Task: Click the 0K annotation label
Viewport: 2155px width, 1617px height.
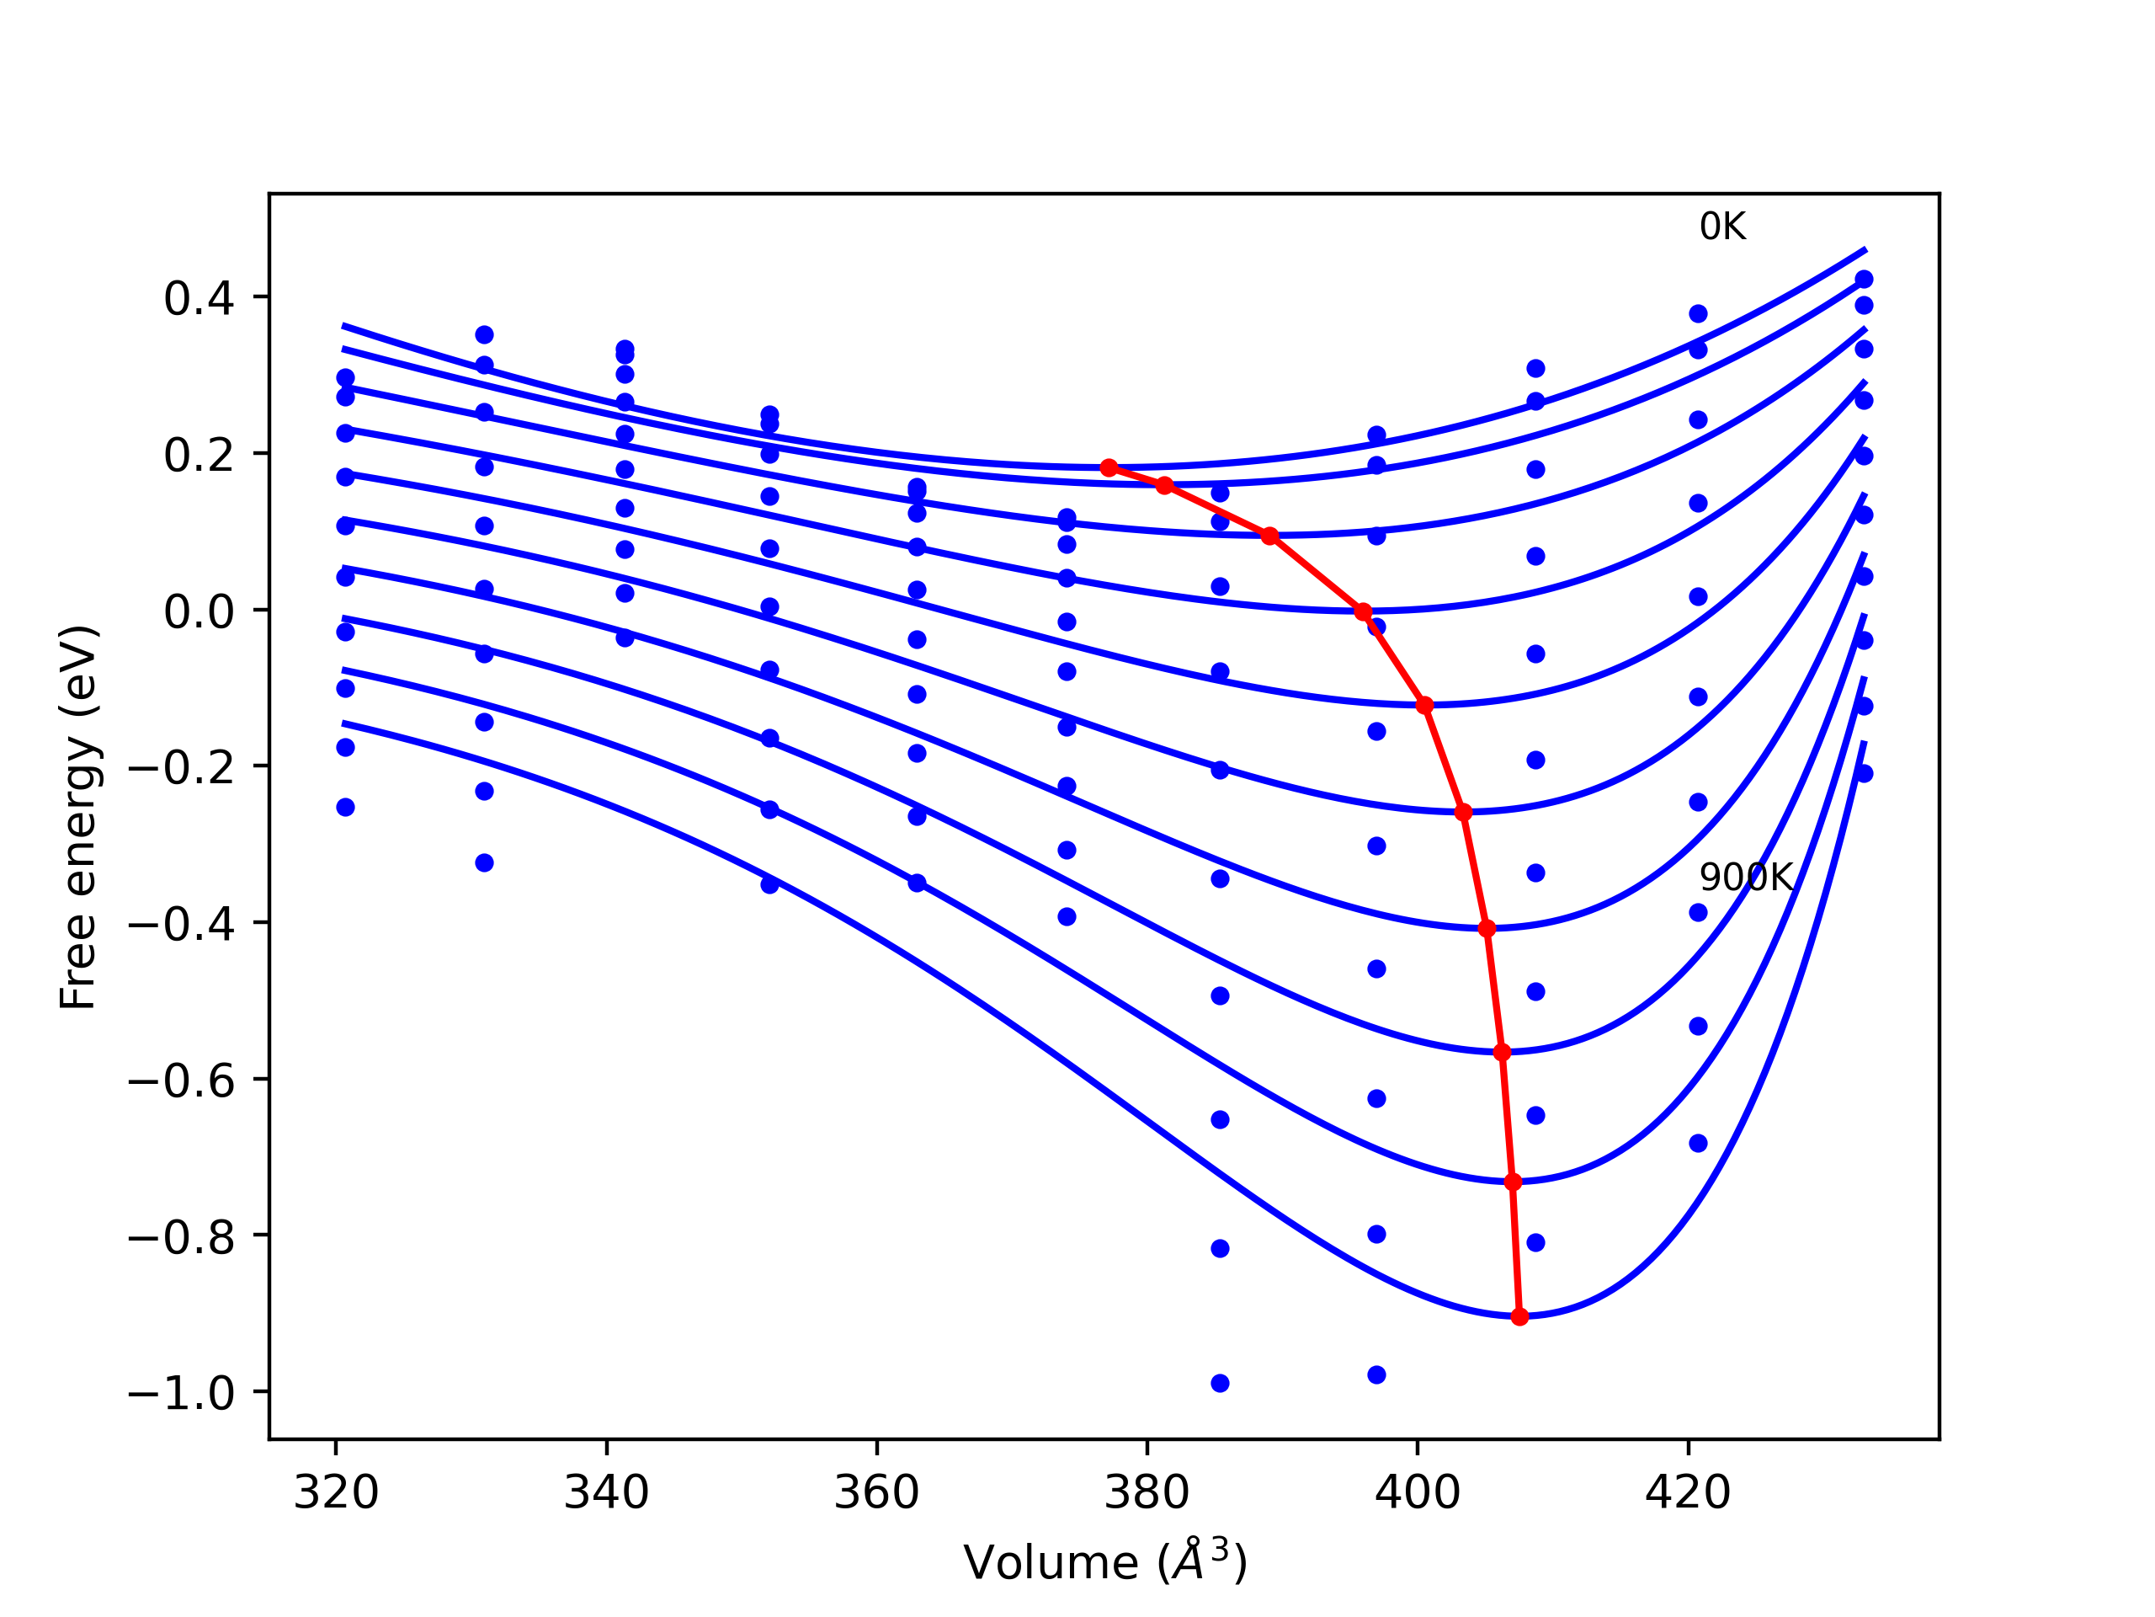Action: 1722,227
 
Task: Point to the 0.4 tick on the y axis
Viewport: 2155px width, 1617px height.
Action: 199,298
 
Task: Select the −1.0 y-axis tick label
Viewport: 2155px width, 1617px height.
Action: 181,1394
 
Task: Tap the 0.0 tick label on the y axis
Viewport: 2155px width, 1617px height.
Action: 199,612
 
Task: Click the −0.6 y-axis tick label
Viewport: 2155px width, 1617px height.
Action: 181,1081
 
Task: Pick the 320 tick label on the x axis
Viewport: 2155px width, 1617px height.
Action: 336,1492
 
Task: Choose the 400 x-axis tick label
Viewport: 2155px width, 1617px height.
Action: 1418,1492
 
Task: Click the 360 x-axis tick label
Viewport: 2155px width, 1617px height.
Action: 877,1492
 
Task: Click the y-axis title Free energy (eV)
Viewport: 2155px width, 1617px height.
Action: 78,817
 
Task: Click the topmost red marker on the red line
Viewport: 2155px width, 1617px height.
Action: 1109,468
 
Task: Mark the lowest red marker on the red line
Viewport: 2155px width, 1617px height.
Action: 1519,1317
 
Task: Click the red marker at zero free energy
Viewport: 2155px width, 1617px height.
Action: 1363,612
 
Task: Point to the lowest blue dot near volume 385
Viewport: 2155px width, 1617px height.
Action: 1220,1383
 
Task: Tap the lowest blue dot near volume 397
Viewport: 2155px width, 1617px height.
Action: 1376,1374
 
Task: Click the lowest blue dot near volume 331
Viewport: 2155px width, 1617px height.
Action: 484,862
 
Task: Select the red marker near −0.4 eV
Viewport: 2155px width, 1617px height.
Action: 1487,929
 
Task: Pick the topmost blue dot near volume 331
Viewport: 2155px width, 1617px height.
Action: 484,335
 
